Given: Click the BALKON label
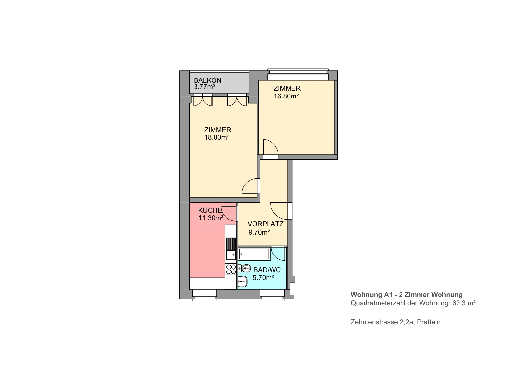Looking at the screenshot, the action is pyautogui.click(x=208, y=80).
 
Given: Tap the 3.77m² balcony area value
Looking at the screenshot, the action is pyautogui.click(x=204, y=87).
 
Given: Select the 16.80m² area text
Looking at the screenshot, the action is pyautogui.click(x=286, y=96).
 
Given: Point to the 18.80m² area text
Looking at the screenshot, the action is pyautogui.click(x=216, y=137).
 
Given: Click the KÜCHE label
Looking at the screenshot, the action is pyautogui.click(x=210, y=210).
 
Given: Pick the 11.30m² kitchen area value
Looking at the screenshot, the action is pyautogui.click(x=211, y=218).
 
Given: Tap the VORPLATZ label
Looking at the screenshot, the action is pyautogui.click(x=266, y=224).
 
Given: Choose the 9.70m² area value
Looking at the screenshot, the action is pyautogui.click(x=259, y=232).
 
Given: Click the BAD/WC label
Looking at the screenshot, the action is pyautogui.click(x=267, y=270).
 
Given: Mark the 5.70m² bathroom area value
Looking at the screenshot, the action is pyautogui.click(x=263, y=278).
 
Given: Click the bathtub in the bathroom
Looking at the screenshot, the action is pyautogui.click(x=254, y=254).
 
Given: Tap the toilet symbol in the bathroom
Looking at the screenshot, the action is pyautogui.click(x=244, y=268).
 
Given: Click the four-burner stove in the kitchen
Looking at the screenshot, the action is pyautogui.click(x=231, y=269).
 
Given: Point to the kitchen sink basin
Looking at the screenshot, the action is pyautogui.click(x=231, y=255).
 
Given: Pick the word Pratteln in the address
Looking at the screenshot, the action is pyautogui.click(x=429, y=322).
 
